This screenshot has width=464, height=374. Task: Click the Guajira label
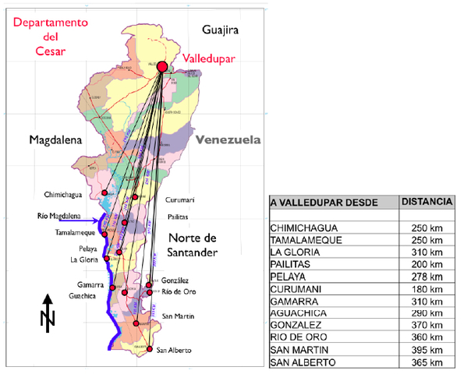[219, 30]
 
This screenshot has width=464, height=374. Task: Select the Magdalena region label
[55, 140]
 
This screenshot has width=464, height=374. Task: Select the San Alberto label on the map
[174, 350]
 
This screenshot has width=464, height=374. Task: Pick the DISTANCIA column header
[427, 202]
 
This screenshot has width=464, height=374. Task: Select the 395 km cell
[427, 351]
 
